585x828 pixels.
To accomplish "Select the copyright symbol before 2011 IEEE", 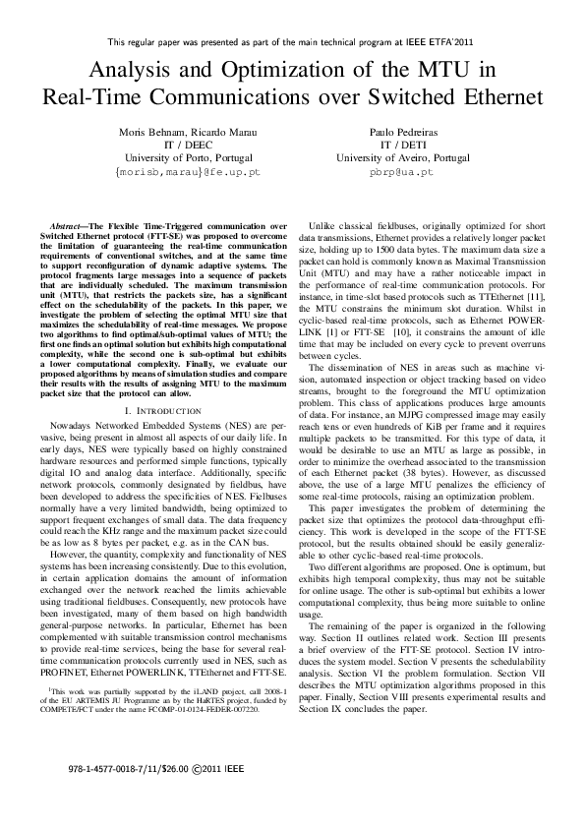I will [200, 763].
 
